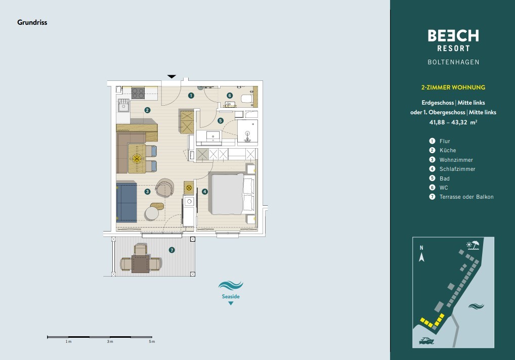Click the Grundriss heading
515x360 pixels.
pyautogui.click(x=32, y=22)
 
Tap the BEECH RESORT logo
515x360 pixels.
pyautogui.click(x=453, y=40)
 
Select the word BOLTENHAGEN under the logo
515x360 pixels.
pyautogui.click(x=453, y=62)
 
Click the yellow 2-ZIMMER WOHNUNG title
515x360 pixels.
pyautogui.click(x=453, y=87)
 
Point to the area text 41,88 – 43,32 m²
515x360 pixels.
pyautogui.click(x=453, y=122)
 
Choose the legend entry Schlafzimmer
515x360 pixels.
pyautogui.click(x=457, y=169)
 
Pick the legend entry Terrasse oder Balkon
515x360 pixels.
pyautogui.click(x=466, y=197)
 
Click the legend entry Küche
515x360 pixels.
pyautogui.click(x=448, y=150)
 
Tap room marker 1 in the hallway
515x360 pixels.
pyautogui.click(x=191, y=96)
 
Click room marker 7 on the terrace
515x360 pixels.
pyautogui.click(x=172, y=250)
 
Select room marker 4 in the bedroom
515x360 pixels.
pyautogui.click(x=204, y=191)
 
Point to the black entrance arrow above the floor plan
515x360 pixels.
pyautogui.click(x=172, y=77)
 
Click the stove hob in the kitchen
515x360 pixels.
pyautogui.click(x=138, y=93)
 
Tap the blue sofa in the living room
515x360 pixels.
pyautogui.click(x=126, y=203)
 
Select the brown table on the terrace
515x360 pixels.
pyautogui.click(x=141, y=264)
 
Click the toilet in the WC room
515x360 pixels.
pyautogui.click(x=247, y=99)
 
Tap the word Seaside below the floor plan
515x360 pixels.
pyautogui.click(x=231, y=297)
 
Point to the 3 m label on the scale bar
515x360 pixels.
pyautogui.click(x=110, y=342)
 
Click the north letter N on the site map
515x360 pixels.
pyautogui.click(x=421, y=248)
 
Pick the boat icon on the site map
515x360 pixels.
pyautogui.click(x=426, y=341)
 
